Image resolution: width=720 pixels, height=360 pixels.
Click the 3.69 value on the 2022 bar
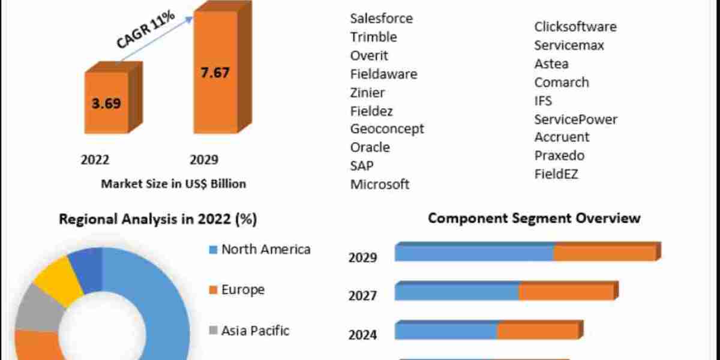tap(106, 103)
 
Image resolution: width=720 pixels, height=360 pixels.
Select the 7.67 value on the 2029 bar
tap(214, 73)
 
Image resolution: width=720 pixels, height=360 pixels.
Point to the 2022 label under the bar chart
tap(95, 160)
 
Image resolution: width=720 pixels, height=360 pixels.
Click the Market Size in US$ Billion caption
tap(173, 184)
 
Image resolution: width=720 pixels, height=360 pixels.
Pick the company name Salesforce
tap(382, 18)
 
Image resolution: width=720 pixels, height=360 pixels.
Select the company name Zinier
tap(368, 92)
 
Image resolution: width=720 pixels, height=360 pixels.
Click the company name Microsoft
tap(380, 184)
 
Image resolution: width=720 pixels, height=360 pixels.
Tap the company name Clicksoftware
tap(575, 26)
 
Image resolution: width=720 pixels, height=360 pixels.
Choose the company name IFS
tap(543, 100)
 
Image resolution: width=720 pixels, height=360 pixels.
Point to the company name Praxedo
tap(559, 155)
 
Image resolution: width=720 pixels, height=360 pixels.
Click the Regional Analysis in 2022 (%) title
tap(158, 219)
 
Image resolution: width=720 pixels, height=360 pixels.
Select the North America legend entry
tap(265, 249)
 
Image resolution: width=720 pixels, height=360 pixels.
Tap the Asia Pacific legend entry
tap(255, 330)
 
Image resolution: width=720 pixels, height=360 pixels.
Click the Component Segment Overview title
tap(534, 218)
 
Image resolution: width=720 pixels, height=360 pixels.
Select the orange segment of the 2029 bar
tap(604, 253)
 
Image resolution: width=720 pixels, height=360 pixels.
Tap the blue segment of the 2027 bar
tap(457, 292)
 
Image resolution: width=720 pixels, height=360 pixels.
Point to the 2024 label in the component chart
tap(362, 334)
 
